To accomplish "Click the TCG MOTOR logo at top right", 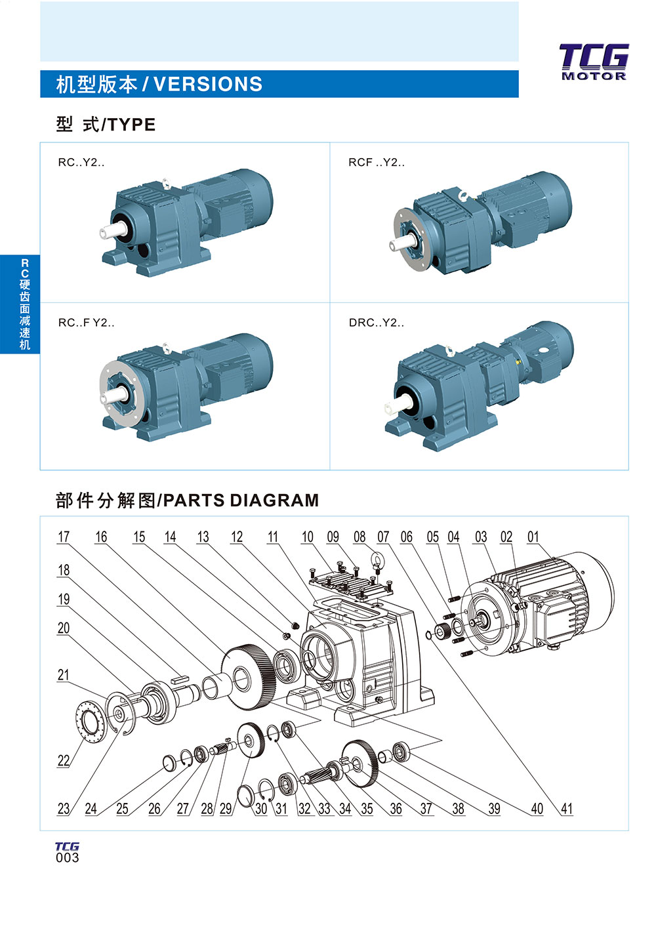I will [594, 62].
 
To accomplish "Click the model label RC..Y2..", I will [81, 163].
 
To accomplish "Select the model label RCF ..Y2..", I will [376, 163].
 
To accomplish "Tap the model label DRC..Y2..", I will [376, 323].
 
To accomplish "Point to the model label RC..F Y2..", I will [86, 323].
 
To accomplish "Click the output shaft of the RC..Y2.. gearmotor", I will [110, 232].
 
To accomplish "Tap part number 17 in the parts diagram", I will [64, 537].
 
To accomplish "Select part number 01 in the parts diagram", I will [533, 537].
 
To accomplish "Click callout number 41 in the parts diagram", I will [567, 809].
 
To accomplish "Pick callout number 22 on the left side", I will [64, 761].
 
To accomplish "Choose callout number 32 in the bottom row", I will [304, 809].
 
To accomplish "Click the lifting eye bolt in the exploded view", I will [378, 560].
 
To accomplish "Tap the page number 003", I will [67, 857].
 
